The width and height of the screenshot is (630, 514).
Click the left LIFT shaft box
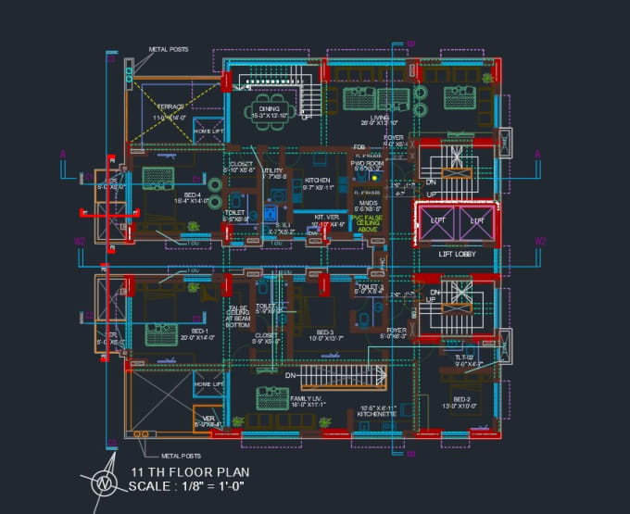tap(436, 221)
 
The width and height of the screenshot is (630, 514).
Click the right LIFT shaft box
tap(478, 221)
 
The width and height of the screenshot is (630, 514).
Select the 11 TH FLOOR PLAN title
tap(190, 471)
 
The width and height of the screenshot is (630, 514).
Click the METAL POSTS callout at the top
tap(168, 49)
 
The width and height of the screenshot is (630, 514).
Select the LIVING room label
tap(380, 119)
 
